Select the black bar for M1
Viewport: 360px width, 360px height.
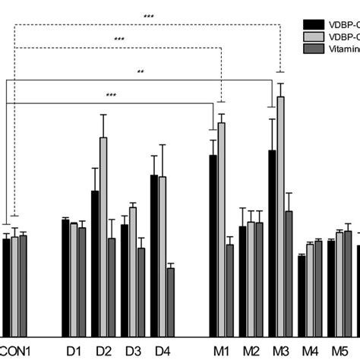(x=213, y=243)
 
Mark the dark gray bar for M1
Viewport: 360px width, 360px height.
(x=229, y=289)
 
